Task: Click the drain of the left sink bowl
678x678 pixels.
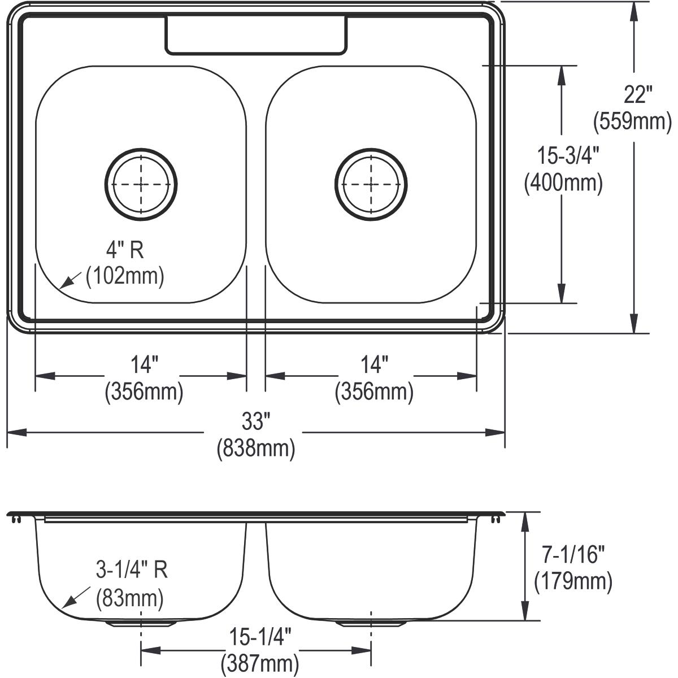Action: click(141, 184)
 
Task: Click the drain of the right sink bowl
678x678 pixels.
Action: click(371, 184)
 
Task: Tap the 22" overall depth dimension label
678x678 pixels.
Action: click(638, 94)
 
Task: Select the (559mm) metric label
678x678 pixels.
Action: click(632, 120)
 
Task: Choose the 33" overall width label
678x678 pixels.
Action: click(255, 421)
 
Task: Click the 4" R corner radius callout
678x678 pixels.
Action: click(125, 250)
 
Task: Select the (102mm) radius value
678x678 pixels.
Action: click(125, 276)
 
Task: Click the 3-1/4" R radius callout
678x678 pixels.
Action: click(132, 571)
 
